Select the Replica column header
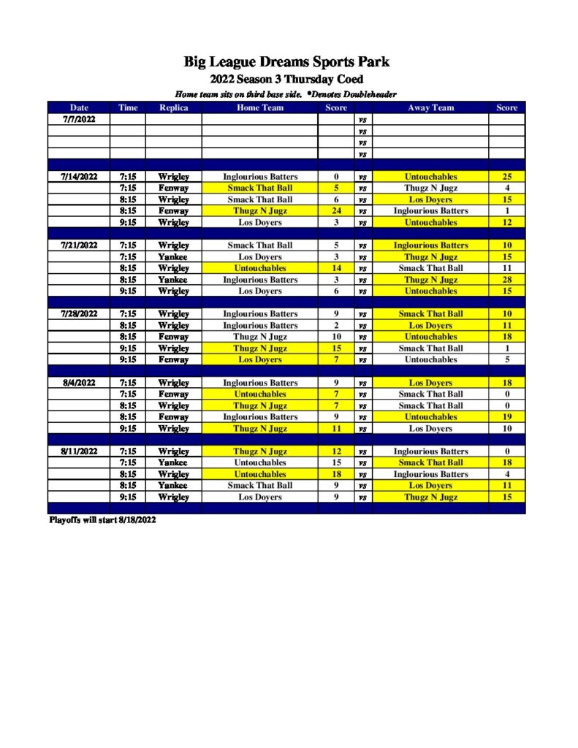coord(173,107)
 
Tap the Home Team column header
coord(259,107)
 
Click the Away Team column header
coord(430,107)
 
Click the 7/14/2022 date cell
coord(78,177)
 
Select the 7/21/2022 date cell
coord(78,245)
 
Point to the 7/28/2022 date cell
coord(78,314)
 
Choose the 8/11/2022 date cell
coord(78,451)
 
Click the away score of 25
coord(506,177)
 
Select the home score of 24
coord(336,211)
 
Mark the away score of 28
coord(506,280)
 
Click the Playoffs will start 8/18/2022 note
coord(102,521)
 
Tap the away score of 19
coord(506,417)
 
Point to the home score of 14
coord(336,268)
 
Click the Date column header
coord(78,107)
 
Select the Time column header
coord(127,107)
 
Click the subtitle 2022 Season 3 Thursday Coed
coord(286,80)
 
